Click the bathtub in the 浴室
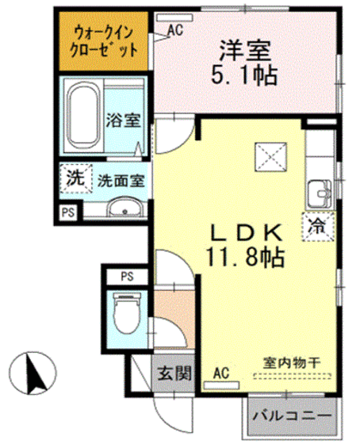point(82,119)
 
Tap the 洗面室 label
point(120,180)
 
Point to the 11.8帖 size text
point(243,258)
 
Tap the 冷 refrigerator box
point(316,226)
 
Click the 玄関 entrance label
point(171,372)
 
